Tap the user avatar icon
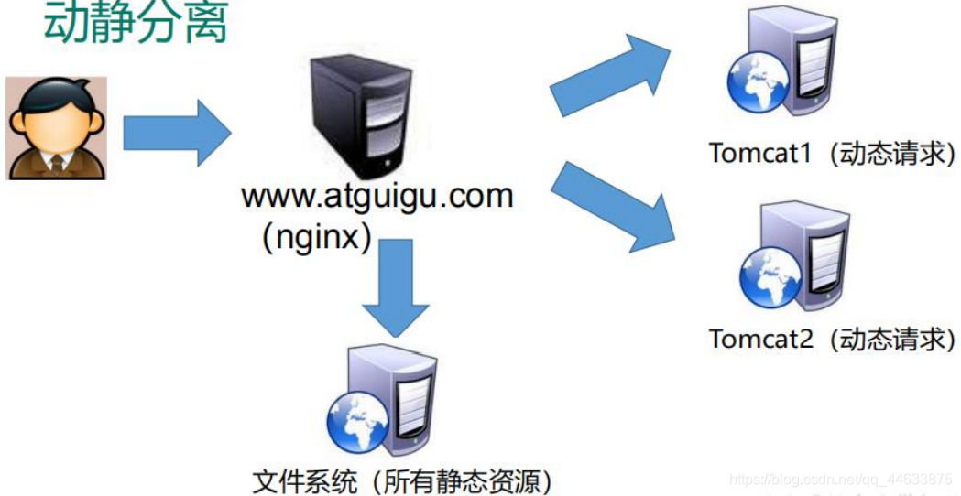click(x=57, y=127)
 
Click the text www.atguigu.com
click(x=377, y=197)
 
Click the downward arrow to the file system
click(x=395, y=287)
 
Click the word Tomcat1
click(x=759, y=152)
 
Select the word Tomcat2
click(x=759, y=339)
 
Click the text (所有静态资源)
click(x=457, y=479)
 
